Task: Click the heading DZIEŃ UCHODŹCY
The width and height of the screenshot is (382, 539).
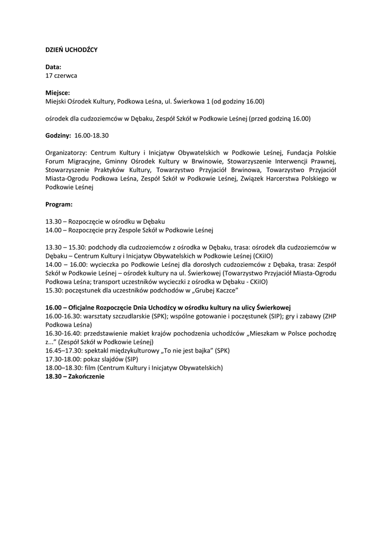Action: coord(72,49)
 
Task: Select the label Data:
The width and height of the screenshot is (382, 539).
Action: coord(53,67)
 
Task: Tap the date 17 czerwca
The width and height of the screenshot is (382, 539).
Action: coord(61,75)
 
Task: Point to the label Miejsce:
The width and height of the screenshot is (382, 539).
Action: coord(57,93)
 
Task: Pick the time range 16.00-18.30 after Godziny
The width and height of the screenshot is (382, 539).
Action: coord(92,135)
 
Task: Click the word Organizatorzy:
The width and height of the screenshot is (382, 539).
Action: coord(66,153)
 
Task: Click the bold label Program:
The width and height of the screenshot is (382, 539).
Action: coord(59,204)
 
